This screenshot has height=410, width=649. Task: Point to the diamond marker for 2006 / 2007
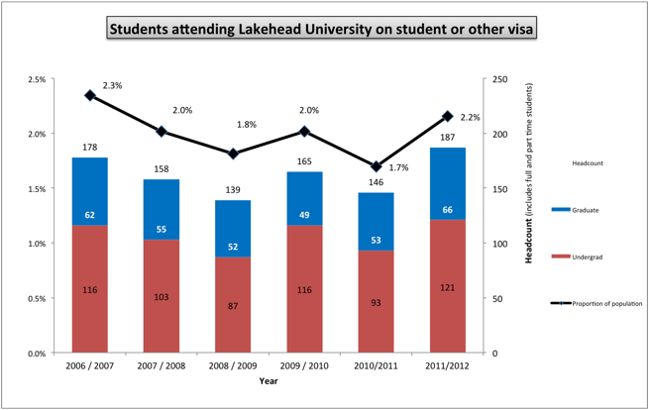(x=89, y=95)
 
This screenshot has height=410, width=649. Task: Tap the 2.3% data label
(x=112, y=86)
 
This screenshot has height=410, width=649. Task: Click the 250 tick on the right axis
(x=501, y=79)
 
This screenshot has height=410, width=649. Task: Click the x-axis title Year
(x=269, y=381)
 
